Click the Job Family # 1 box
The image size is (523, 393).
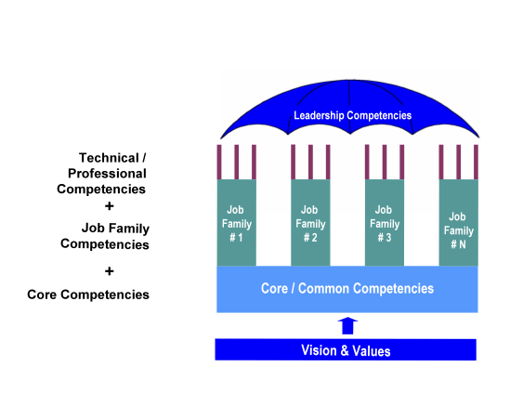coord(237,223)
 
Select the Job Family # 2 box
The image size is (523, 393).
coord(310,223)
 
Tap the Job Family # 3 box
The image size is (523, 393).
coord(385,223)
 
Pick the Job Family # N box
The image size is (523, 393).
coord(459,223)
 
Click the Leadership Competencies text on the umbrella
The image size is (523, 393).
coord(353,115)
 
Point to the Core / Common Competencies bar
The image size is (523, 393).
coord(347,289)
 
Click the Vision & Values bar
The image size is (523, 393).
coord(346,349)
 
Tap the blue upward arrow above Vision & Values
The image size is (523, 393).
coord(347,325)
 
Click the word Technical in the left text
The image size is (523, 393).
coord(109,158)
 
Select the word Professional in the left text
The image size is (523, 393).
coord(107,174)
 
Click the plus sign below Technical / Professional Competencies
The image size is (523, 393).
coord(109,206)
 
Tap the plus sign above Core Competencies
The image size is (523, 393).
coord(109,271)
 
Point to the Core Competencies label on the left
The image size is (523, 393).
coord(88,295)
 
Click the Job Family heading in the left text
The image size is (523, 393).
coord(115,229)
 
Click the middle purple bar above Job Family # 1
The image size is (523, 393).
coord(237,163)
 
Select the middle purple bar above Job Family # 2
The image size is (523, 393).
coord(310,163)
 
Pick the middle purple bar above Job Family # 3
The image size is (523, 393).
coord(385,163)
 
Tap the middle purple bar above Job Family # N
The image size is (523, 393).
coord(459,163)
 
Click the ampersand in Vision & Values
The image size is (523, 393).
coord(345,350)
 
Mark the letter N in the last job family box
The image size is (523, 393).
coord(463,245)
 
